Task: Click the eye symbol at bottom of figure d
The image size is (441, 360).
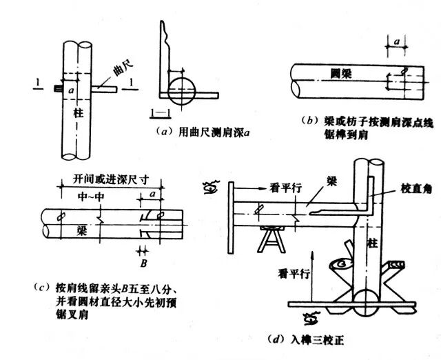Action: [309, 318]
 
